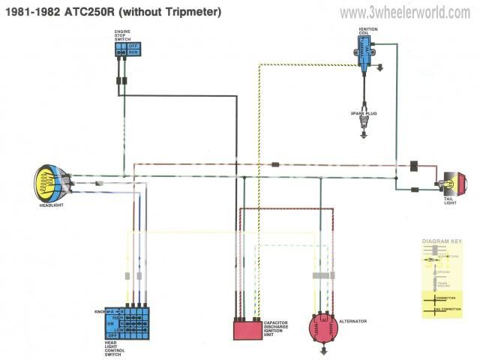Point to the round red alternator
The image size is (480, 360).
(323, 328)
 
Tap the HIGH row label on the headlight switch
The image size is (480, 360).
(118, 317)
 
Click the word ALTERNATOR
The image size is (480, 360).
(353, 321)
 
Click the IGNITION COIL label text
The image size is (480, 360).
(368, 31)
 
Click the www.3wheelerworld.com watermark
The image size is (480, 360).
(404, 12)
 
